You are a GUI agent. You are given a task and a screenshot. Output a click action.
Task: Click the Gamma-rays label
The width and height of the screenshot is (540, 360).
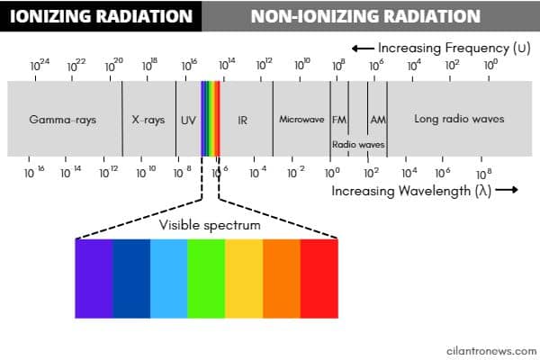pyautogui.click(x=62, y=120)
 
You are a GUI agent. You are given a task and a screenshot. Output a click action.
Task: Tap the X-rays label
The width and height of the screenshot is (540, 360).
pyautogui.click(x=148, y=120)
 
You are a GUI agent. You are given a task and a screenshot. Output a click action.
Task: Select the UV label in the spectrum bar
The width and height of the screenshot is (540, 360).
pyautogui.click(x=188, y=121)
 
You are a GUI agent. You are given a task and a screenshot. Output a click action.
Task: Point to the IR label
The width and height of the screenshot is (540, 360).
pyautogui.click(x=242, y=121)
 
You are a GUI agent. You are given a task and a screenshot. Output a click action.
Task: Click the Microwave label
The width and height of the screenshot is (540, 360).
pyautogui.click(x=301, y=119)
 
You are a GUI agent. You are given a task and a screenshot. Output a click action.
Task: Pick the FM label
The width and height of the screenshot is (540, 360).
pyautogui.click(x=339, y=120)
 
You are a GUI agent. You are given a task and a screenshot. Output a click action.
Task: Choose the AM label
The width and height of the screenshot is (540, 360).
pyautogui.click(x=378, y=120)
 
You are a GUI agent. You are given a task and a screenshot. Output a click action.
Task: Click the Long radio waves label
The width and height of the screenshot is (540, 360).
pyautogui.click(x=459, y=119)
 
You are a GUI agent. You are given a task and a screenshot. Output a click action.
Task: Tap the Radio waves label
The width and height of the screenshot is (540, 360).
pyautogui.click(x=358, y=145)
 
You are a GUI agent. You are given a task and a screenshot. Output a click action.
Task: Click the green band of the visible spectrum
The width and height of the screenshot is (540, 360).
pyautogui.click(x=206, y=278)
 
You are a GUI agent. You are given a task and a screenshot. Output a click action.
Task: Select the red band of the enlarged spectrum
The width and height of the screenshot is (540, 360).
pyautogui.click(x=319, y=278)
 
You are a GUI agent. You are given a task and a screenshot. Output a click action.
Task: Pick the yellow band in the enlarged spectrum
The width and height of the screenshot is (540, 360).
pyautogui.click(x=244, y=278)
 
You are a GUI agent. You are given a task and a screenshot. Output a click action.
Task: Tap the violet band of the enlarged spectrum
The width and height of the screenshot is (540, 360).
pyautogui.click(x=94, y=278)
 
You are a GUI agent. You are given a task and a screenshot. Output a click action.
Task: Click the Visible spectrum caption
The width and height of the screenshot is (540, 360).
pyautogui.click(x=210, y=225)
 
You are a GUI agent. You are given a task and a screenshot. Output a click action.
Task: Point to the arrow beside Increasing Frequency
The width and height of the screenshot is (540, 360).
pyautogui.click(x=363, y=49)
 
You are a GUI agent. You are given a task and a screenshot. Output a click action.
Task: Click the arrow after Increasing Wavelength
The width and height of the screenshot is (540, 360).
pyautogui.click(x=507, y=190)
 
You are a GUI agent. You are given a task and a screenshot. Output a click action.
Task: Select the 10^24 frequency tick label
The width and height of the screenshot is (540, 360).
pyautogui.click(x=40, y=65)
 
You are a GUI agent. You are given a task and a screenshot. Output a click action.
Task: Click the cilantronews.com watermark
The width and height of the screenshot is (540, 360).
pyautogui.click(x=491, y=351)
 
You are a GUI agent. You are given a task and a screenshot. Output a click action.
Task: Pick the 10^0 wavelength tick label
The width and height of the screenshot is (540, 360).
pyautogui.click(x=332, y=173)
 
